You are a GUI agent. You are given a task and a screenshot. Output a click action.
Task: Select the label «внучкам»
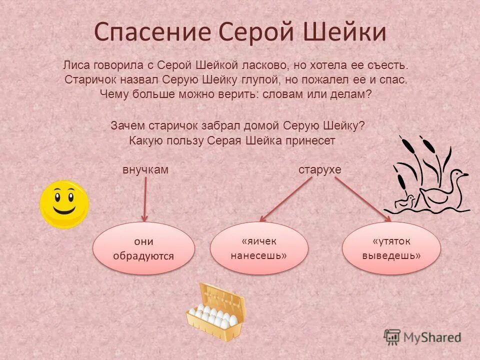(145, 170)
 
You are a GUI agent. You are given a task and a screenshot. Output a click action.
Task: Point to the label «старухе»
(320, 170)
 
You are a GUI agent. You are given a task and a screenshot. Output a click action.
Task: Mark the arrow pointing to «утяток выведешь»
(363, 199)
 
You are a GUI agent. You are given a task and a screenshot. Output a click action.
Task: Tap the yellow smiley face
(64, 204)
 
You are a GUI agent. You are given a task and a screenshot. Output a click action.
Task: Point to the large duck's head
(457, 175)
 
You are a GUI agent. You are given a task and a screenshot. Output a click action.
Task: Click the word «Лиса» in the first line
(75, 65)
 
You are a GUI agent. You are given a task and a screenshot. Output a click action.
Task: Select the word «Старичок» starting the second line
(88, 79)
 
